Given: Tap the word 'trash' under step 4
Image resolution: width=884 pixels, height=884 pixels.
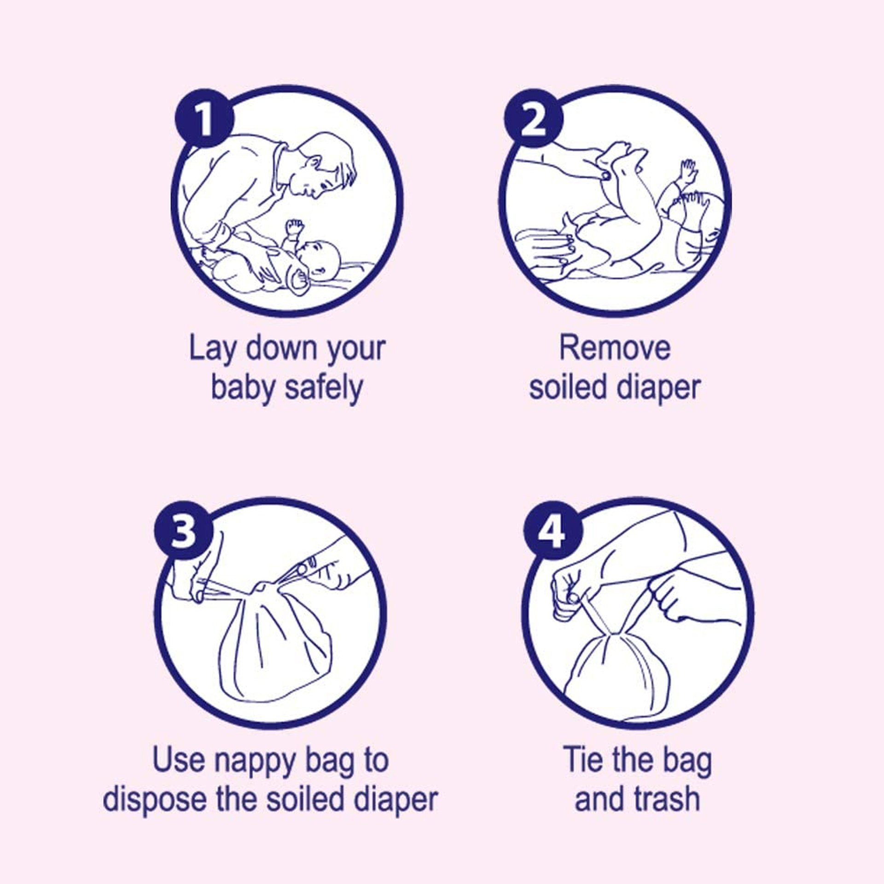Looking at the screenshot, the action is (x=666, y=799).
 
